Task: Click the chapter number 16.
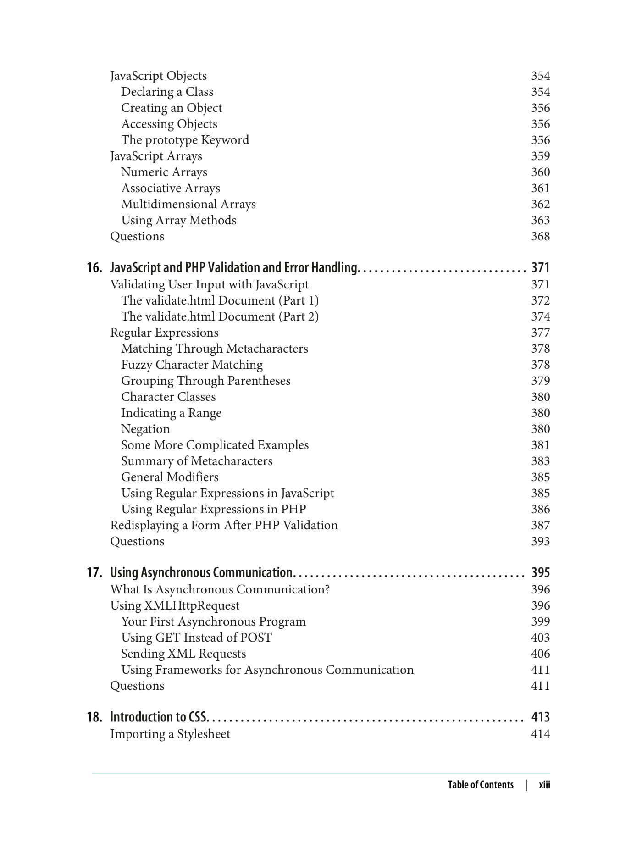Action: (x=94, y=267)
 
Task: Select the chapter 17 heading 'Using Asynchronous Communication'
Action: (x=201, y=572)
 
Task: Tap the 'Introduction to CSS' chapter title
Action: (x=159, y=717)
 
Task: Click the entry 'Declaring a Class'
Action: (x=167, y=92)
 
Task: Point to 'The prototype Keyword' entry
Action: (x=185, y=140)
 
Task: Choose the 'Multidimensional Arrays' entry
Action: (x=188, y=204)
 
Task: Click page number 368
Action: (x=540, y=236)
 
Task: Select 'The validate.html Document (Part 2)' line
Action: (x=220, y=316)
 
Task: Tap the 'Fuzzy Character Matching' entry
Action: (x=192, y=365)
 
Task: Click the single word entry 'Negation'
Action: (x=145, y=429)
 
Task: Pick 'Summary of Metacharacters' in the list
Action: (x=196, y=461)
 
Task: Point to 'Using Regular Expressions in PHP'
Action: (x=213, y=509)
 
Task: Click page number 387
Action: (x=540, y=525)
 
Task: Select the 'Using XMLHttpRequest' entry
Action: (x=174, y=605)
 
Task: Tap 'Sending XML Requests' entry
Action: (x=183, y=654)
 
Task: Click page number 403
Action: (x=540, y=638)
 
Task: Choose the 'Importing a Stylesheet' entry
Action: (x=170, y=734)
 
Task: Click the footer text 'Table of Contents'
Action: (x=480, y=785)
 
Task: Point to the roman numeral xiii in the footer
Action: (x=544, y=785)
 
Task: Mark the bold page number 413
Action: (x=540, y=717)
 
